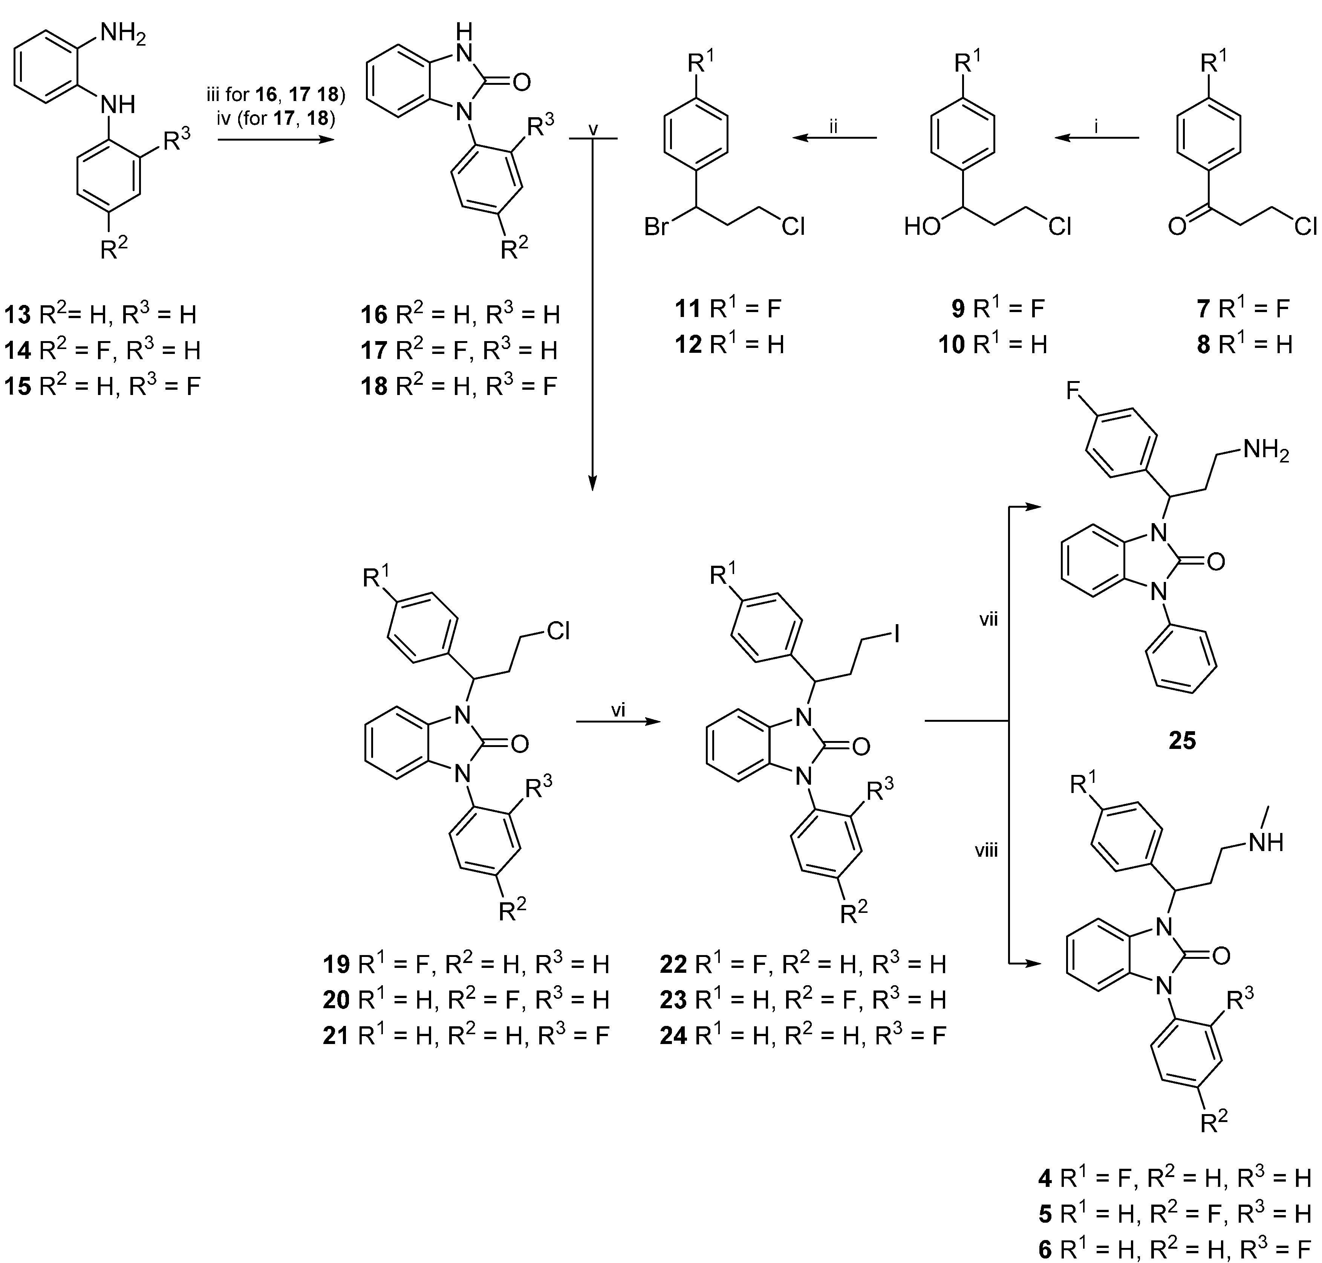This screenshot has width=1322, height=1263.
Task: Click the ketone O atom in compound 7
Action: click(x=1177, y=227)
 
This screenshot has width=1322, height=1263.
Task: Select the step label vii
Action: click(x=987, y=619)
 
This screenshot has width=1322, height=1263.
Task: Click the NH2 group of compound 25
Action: click(x=1265, y=450)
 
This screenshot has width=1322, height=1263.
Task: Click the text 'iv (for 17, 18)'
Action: click(x=275, y=118)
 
